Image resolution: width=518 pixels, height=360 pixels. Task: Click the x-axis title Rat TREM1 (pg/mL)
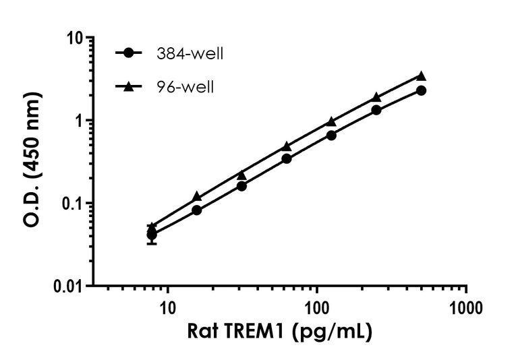click(x=279, y=332)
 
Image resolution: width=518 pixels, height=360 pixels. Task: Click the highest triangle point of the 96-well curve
click(x=422, y=76)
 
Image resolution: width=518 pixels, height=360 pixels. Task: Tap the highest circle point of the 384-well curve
click(x=422, y=90)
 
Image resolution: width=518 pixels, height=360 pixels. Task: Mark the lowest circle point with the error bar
click(x=152, y=235)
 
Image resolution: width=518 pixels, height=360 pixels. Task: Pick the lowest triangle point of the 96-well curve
click(x=152, y=227)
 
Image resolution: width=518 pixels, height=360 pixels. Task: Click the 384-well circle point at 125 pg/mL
click(x=331, y=135)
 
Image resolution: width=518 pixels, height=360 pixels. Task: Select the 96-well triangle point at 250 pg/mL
click(x=376, y=97)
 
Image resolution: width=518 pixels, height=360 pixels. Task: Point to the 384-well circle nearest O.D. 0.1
click(x=197, y=210)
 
